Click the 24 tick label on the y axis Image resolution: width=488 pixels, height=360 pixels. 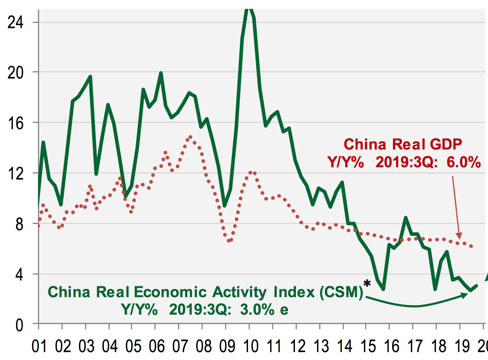click(15, 22)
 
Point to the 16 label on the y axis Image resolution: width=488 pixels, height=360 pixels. click(15, 123)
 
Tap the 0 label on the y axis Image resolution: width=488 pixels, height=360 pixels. click(19, 325)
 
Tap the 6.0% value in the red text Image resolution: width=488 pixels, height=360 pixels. click(464, 162)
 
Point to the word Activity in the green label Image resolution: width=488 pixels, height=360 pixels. click(239, 292)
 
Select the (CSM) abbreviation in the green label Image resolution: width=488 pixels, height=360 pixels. click(341, 292)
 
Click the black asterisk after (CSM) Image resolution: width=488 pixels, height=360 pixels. click(367, 284)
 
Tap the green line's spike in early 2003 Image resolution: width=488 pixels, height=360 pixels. click(90, 76)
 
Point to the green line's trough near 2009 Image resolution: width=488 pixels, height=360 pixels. click(225, 205)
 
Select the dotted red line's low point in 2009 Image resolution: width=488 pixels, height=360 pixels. click(229, 241)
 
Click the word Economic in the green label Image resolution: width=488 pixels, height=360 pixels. click(170, 292)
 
